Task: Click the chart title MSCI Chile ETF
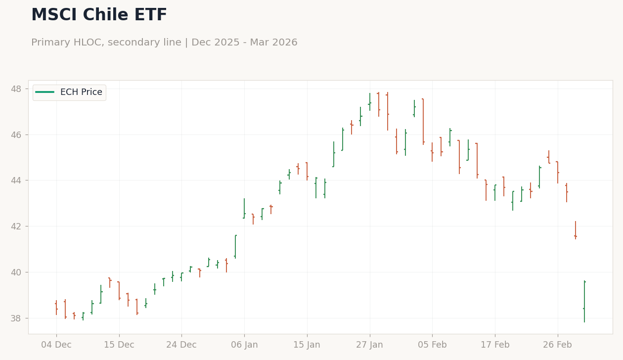pyautogui.click(x=99, y=14)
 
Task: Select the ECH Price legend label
pyautogui.click(x=81, y=92)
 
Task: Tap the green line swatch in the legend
pyautogui.click(x=45, y=92)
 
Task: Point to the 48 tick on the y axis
pyautogui.click(x=16, y=89)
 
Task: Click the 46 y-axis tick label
pyautogui.click(x=16, y=135)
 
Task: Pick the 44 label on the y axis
pyautogui.click(x=16, y=180)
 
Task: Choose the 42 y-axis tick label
pyautogui.click(x=16, y=226)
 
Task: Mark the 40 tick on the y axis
pyautogui.click(x=16, y=272)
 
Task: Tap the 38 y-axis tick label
pyautogui.click(x=16, y=318)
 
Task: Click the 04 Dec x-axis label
pyautogui.click(x=56, y=345)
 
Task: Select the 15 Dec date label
pyautogui.click(x=119, y=345)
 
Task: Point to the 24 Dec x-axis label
pyautogui.click(x=181, y=345)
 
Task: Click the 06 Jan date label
pyautogui.click(x=244, y=345)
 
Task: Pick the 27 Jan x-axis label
pyautogui.click(x=370, y=345)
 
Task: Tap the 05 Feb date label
pyautogui.click(x=432, y=345)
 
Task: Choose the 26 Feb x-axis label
pyautogui.click(x=558, y=345)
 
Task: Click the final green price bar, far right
pyautogui.click(x=584, y=302)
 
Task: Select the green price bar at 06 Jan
pyautogui.click(x=244, y=208)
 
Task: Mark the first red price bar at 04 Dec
pyautogui.click(x=56, y=308)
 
